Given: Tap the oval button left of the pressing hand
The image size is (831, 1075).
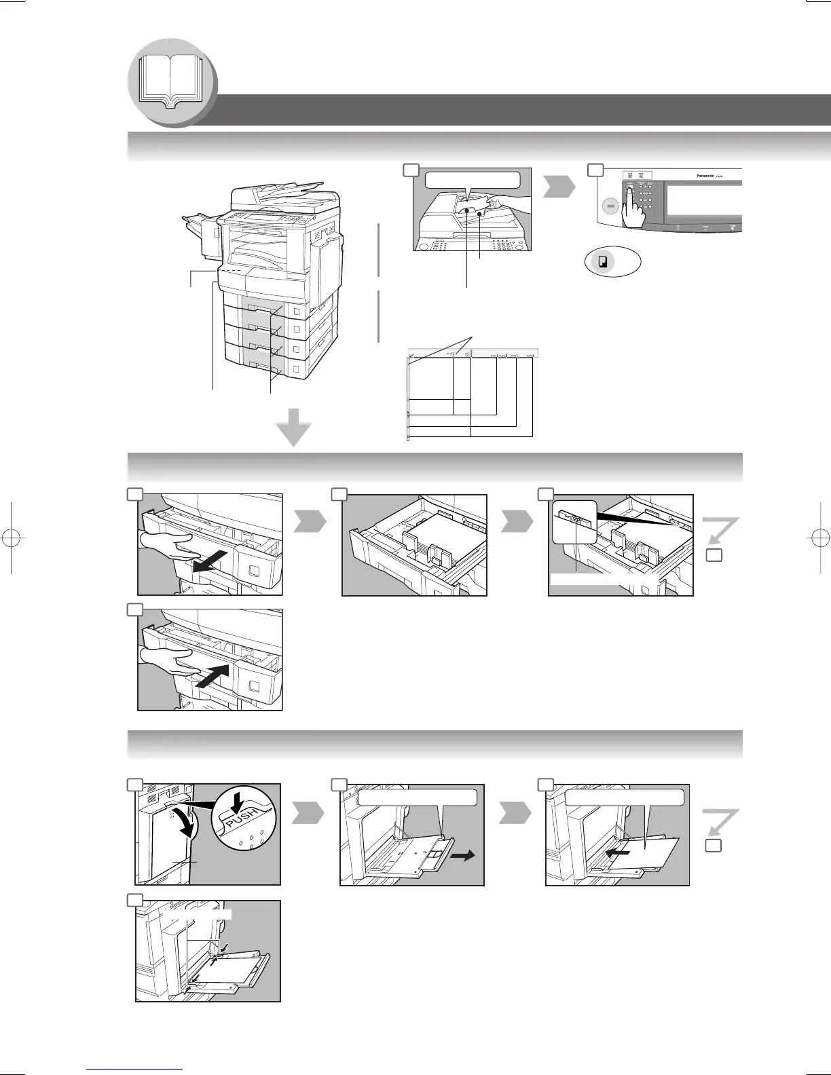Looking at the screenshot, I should [x=608, y=205].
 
